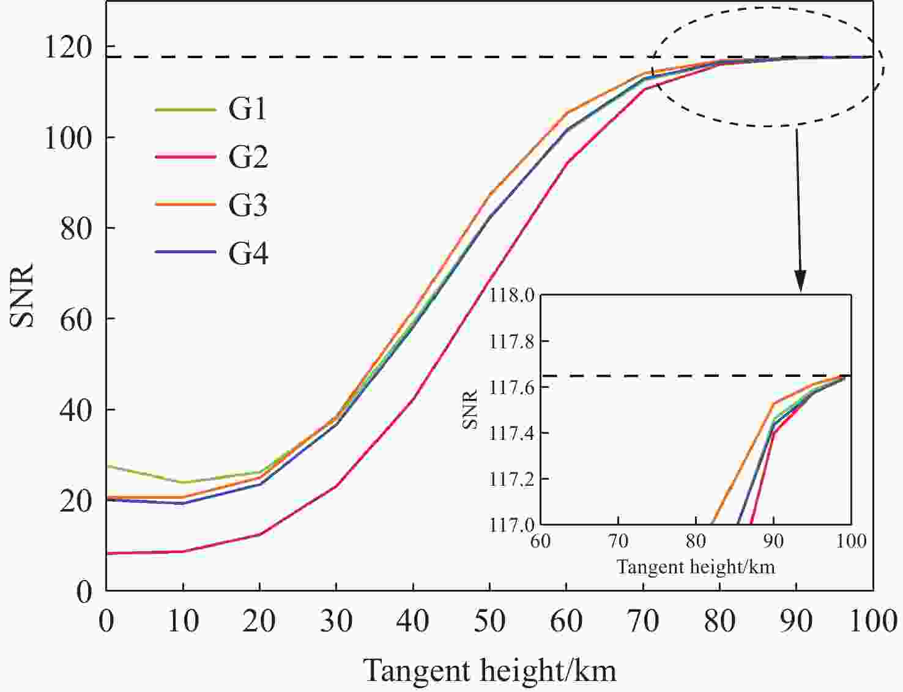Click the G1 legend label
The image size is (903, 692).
point(248,110)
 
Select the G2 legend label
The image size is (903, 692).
point(248,157)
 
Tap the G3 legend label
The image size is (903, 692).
point(248,205)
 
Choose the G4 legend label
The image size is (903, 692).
point(248,253)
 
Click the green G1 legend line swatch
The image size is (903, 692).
point(185,110)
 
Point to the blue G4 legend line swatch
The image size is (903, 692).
point(185,252)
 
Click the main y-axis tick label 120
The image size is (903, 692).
point(69,47)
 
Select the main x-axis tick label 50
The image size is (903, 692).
point(489,622)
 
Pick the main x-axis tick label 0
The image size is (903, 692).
point(106,622)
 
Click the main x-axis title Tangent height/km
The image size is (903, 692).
point(489,671)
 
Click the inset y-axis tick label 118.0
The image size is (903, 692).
point(511,296)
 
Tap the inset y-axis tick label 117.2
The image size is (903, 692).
point(511,479)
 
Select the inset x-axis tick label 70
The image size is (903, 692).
point(618,541)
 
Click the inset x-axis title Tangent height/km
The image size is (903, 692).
point(696,567)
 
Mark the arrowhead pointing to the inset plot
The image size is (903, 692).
point(800,282)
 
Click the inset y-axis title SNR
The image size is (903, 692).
point(470,409)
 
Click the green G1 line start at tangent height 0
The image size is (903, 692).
point(108,466)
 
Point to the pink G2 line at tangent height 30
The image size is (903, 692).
point(336,486)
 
